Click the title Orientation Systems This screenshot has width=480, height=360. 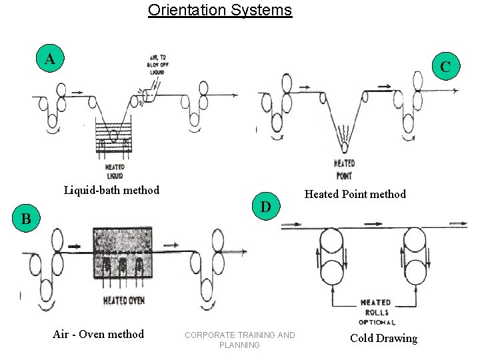tap(220, 11)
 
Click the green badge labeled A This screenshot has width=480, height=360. tap(50, 59)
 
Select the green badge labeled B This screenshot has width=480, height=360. tap(26, 219)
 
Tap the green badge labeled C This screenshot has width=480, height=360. tap(445, 67)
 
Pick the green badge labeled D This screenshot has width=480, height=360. tap(265, 207)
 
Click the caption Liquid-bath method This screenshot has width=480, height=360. tap(111, 191)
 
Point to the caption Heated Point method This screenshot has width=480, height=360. tap(355, 195)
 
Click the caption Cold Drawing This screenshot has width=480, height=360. tap(383, 339)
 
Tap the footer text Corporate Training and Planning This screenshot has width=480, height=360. tap(239, 339)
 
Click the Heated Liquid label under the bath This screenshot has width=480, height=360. tap(114, 171)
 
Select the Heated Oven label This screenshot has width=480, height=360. tap(123, 301)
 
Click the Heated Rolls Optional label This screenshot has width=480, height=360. tap(376, 312)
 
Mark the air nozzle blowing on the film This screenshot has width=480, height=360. tap(148, 95)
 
